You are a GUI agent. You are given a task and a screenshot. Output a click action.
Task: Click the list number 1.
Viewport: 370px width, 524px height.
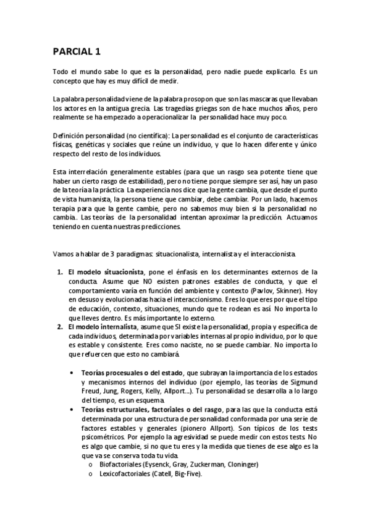(59, 271)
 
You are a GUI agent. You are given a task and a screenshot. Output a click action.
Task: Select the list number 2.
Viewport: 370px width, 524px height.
(59, 326)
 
